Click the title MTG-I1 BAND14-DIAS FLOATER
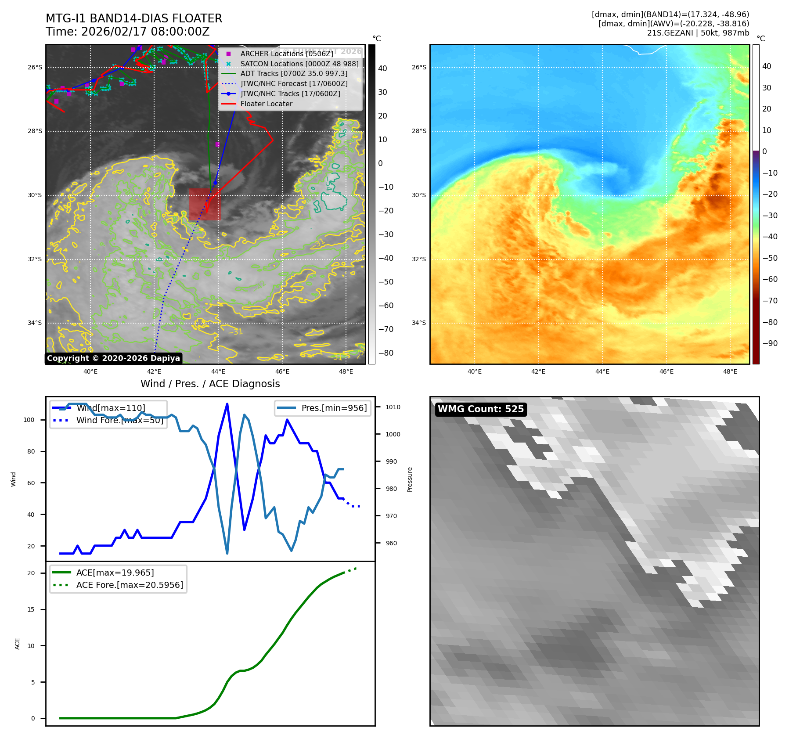coord(134,18)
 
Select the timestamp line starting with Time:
coord(127,32)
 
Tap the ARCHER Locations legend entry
coord(286,54)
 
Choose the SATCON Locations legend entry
coord(299,64)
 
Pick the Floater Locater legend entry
coord(266,104)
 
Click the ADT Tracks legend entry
coord(293,74)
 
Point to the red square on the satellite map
coord(205,205)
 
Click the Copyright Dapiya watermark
coord(113,358)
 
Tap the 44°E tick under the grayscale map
coord(218,372)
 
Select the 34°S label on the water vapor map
coord(419,323)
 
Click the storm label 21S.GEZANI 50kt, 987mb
coord(698,33)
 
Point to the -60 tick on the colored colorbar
coord(770,279)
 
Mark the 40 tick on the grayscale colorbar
coord(382,68)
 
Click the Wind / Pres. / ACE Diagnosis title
coord(210,384)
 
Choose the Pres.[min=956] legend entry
coord(334,408)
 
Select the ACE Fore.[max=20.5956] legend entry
coord(129,585)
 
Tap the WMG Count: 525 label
coord(480,409)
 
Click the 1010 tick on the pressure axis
coord(393,407)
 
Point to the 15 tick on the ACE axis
coord(31,609)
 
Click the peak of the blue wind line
coord(227,404)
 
